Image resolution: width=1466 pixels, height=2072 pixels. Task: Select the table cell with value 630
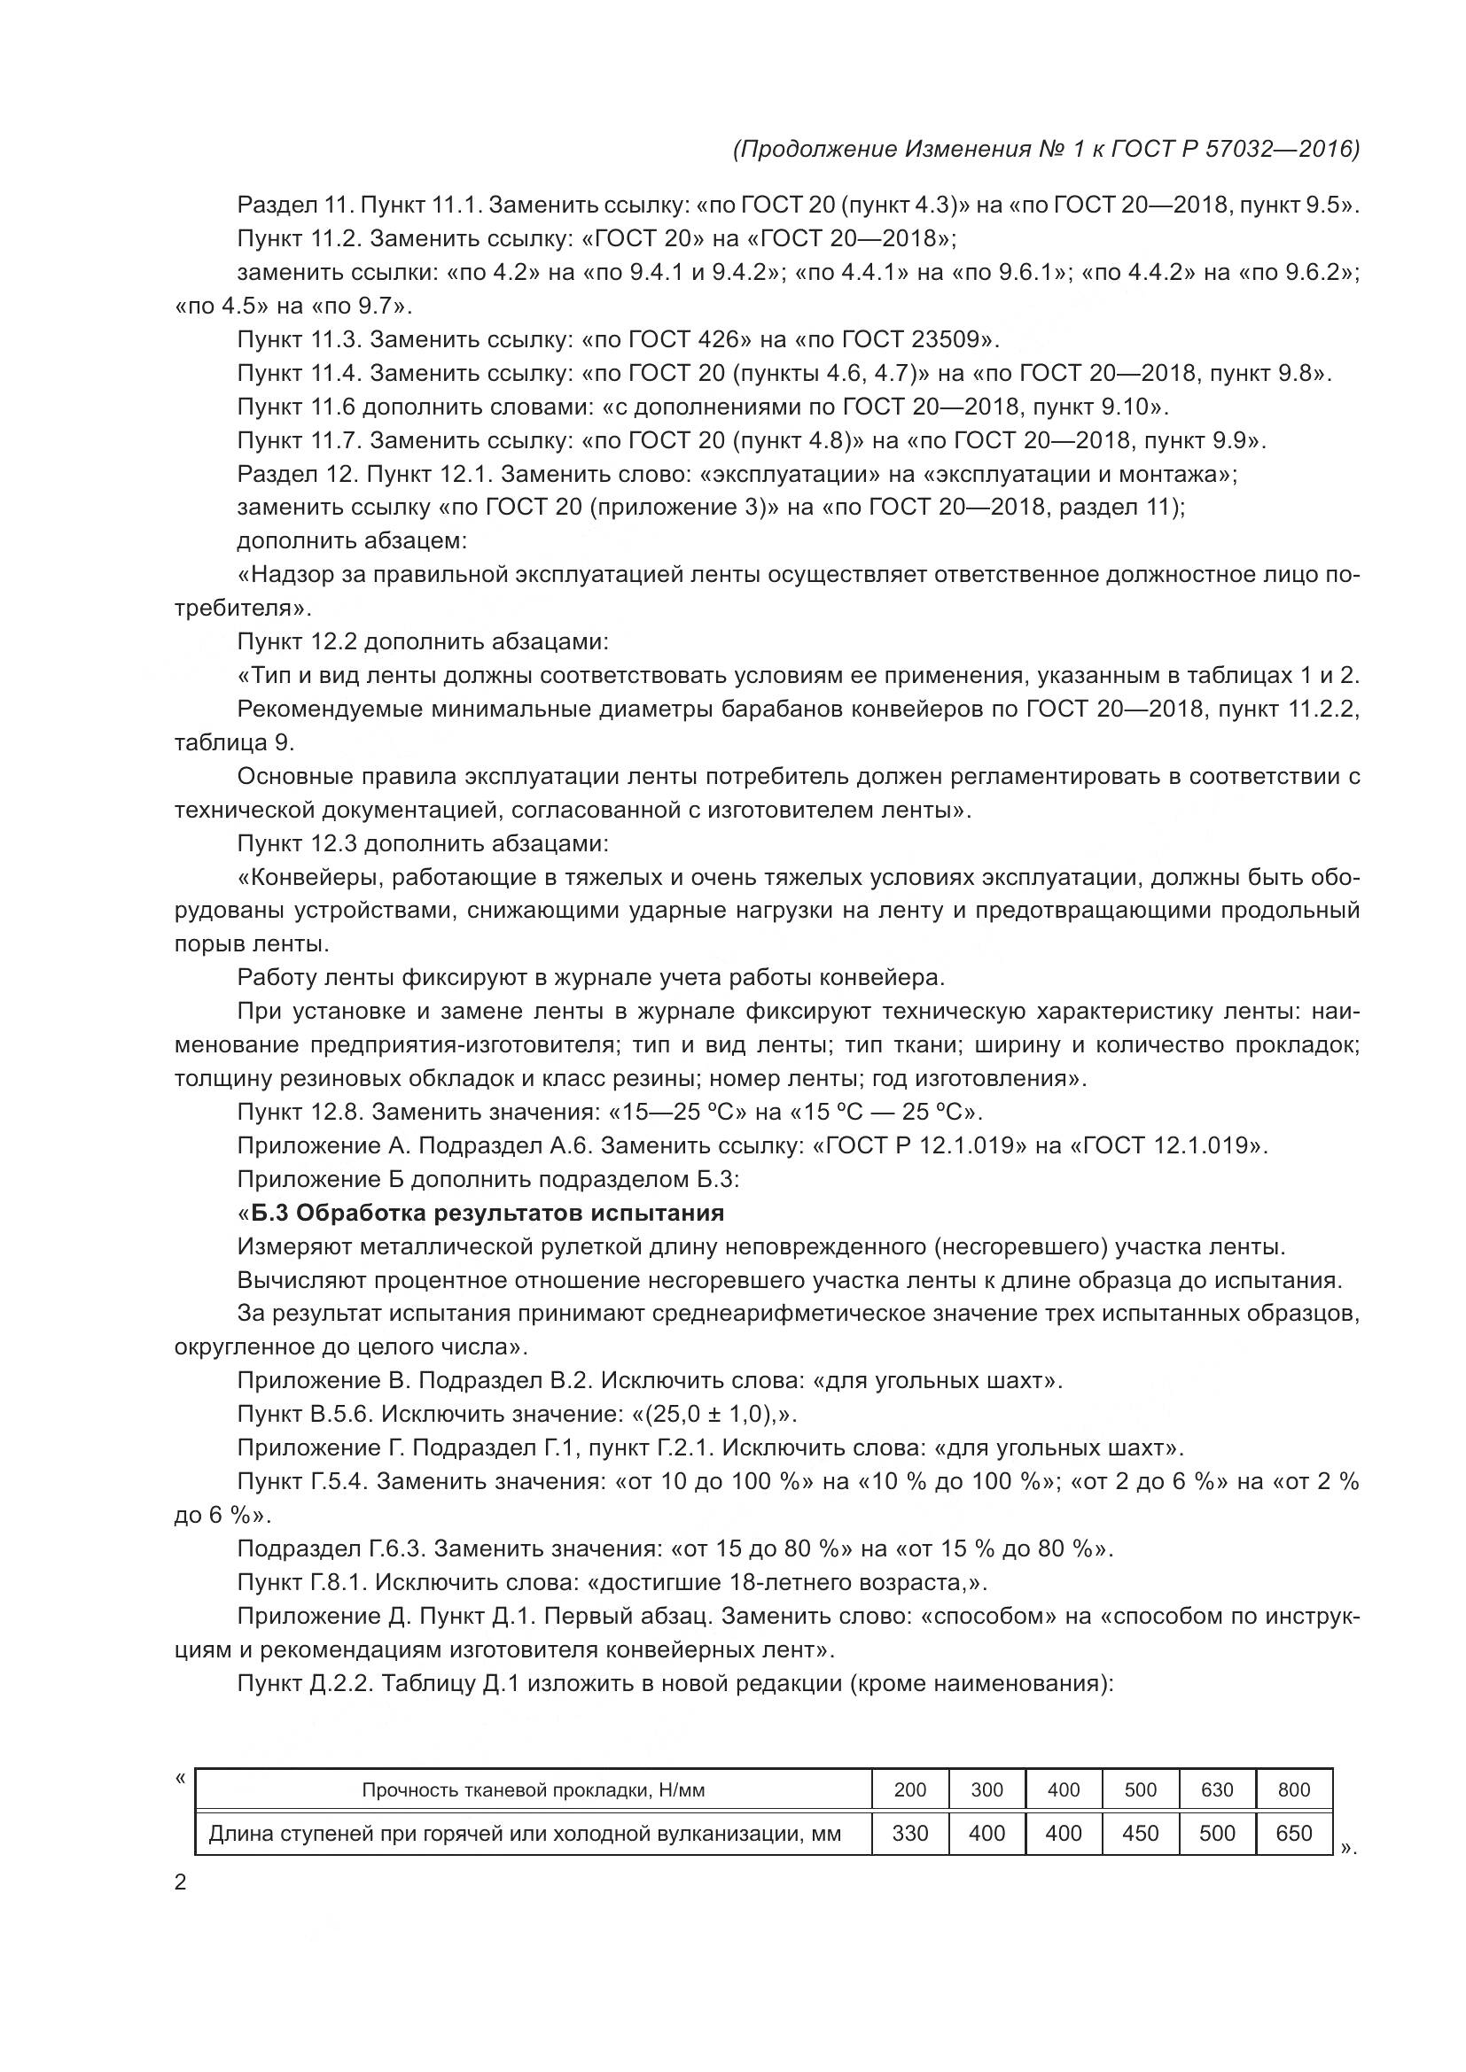click(x=1216, y=1789)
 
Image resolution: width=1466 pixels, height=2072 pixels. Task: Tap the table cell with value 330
click(x=909, y=1833)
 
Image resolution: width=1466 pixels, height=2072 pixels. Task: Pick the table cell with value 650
click(x=1292, y=1833)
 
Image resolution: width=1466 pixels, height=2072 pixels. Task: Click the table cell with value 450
click(x=1139, y=1833)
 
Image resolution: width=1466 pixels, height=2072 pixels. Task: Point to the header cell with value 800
click(x=1292, y=1789)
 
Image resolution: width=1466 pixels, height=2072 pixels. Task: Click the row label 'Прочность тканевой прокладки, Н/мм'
click(x=533, y=1789)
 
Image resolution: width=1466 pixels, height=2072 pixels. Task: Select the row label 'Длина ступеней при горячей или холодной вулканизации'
click(x=525, y=1833)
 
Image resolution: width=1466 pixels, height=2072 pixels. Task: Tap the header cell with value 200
click(x=909, y=1789)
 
